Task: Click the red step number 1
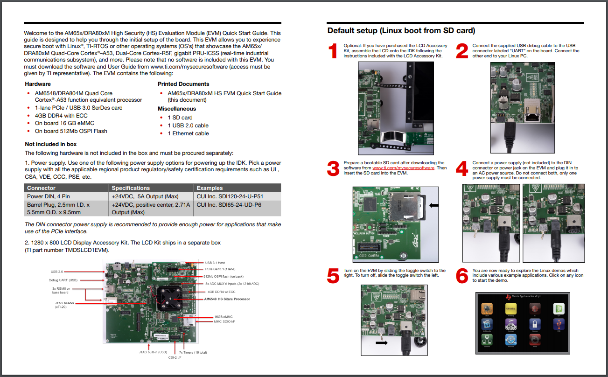click(333, 51)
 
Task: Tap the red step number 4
click(461, 168)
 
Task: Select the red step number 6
click(461, 276)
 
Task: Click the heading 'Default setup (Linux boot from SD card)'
click(401, 31)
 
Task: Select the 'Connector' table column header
click(41, 188)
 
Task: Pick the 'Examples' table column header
click(210, 188)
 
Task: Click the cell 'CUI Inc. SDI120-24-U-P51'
click(229, 196)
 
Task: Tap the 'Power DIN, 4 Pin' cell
click(49, 196)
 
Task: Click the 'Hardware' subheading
click(38, 84)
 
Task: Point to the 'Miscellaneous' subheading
click(177, 109)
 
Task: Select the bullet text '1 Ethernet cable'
click(188, 133)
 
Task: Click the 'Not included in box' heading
click(51, 144)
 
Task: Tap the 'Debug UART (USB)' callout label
click(63, 280)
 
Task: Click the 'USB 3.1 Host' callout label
click(215, 263)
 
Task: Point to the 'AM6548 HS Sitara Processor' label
click(227, 299)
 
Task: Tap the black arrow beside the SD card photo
click(433, 204)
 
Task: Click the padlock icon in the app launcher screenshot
click(535, 324)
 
